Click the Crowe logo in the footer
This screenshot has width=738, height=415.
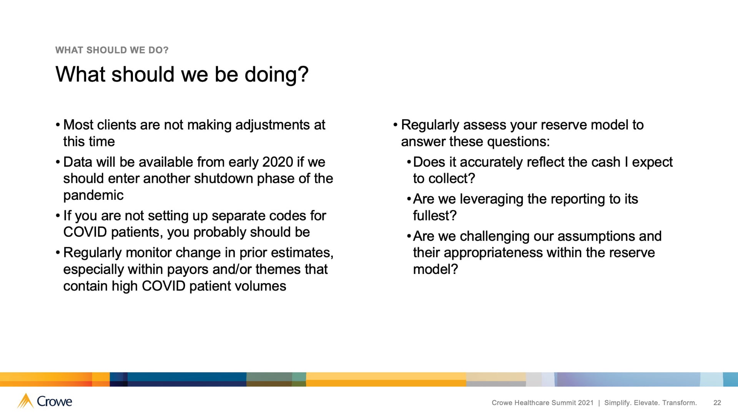point(45,401)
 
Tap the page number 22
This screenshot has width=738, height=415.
point(717,403)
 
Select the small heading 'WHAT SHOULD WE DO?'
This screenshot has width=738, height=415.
point(112,50)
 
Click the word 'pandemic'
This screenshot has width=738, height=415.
point(93,196)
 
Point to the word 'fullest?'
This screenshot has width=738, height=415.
point(435,216)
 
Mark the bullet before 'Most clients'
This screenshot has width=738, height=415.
point(58,125)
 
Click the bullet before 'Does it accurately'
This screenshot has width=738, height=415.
point(409,162)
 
